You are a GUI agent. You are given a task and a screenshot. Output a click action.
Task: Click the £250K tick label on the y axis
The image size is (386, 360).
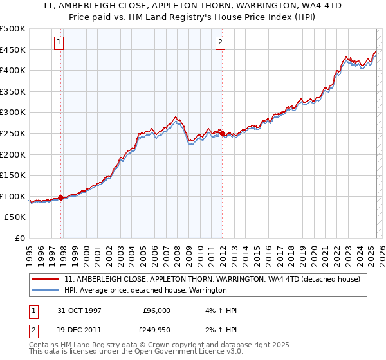13,133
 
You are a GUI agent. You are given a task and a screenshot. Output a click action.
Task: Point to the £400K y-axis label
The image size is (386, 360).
13,70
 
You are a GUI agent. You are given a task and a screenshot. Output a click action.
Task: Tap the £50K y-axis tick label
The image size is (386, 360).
15,217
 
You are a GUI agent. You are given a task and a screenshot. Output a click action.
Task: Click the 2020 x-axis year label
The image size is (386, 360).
313,251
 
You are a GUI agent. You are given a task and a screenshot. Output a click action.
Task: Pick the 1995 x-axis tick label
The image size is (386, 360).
30,251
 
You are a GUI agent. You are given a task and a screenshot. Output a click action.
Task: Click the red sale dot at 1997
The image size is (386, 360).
61,198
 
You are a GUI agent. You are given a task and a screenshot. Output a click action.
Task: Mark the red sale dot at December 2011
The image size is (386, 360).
222,133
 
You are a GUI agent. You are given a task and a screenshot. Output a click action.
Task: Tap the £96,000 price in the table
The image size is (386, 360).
156,310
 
